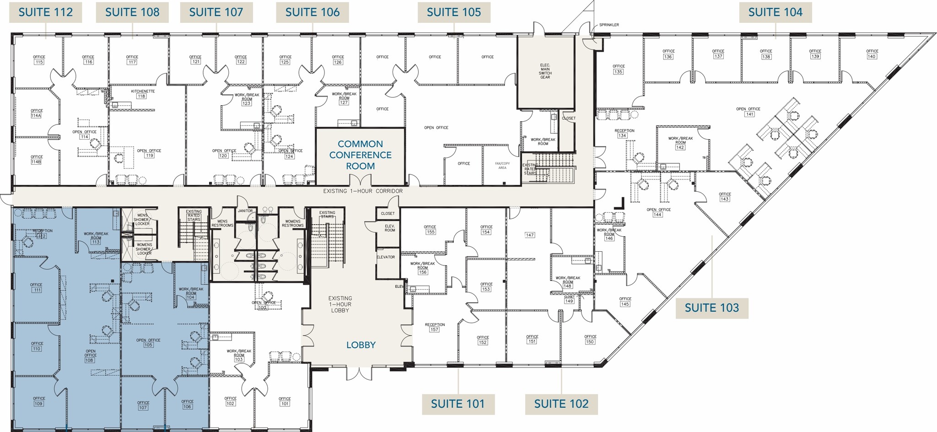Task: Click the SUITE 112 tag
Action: (x=46, y=12)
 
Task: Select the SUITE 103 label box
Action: (x=711, y=308)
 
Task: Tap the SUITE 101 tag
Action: (x=458, y=404)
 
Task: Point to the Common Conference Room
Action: (x=361, y=155)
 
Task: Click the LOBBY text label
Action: (x=361, y=345)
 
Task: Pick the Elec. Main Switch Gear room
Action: (x=545, y=71)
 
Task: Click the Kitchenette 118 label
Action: (x=143, y=94)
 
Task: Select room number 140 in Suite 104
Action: (x=872, y=54)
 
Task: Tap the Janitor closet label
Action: (x=245, y=211)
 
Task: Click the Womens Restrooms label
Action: (x=292, y=223)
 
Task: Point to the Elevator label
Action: (x=385, y=257)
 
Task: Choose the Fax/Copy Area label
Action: (x=502, y=166)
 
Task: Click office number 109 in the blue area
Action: (x=39, y=401)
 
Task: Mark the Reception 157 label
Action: (x=434, y=327)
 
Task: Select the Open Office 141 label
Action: (x=748, y=112)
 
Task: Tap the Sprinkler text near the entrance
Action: (x=609, y=25)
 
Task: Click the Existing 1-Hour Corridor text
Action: (x=363, y=191)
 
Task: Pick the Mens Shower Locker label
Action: (x=143, y=219)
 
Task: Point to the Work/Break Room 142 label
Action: (x=680, y=143)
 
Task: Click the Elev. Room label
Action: (x=389, y=228)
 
